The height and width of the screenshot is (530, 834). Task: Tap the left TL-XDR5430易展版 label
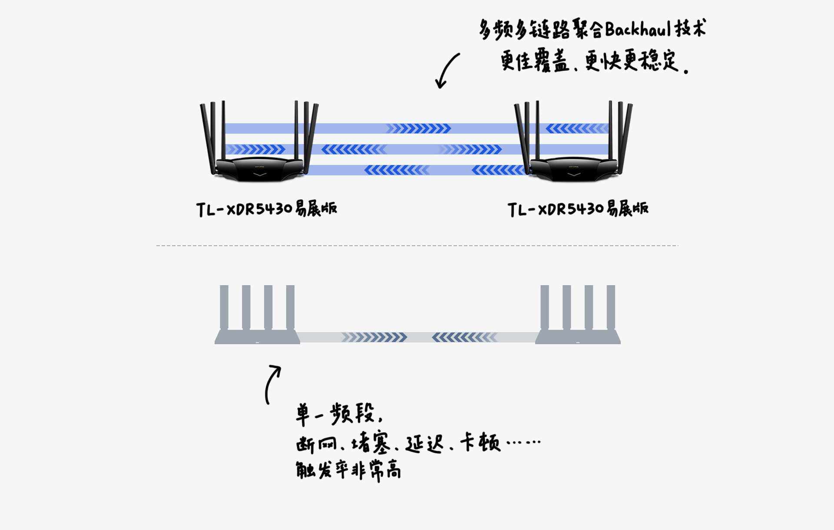266,209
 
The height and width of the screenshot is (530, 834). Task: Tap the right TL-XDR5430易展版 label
578,209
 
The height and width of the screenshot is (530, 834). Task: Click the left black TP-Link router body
259,168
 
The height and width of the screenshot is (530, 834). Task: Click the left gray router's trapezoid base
257,337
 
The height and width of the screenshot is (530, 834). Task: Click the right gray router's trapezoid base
578,337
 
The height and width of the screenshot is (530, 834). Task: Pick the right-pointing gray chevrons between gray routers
374,337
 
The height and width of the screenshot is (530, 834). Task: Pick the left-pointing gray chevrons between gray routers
464,337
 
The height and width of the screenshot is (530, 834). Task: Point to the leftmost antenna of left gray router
224,307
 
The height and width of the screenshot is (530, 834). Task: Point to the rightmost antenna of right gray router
611,307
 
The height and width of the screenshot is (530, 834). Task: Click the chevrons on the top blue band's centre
418,128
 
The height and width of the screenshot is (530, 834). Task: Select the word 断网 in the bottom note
316,444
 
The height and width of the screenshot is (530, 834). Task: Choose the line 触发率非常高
348,470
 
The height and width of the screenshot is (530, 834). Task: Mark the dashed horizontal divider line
417,246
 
